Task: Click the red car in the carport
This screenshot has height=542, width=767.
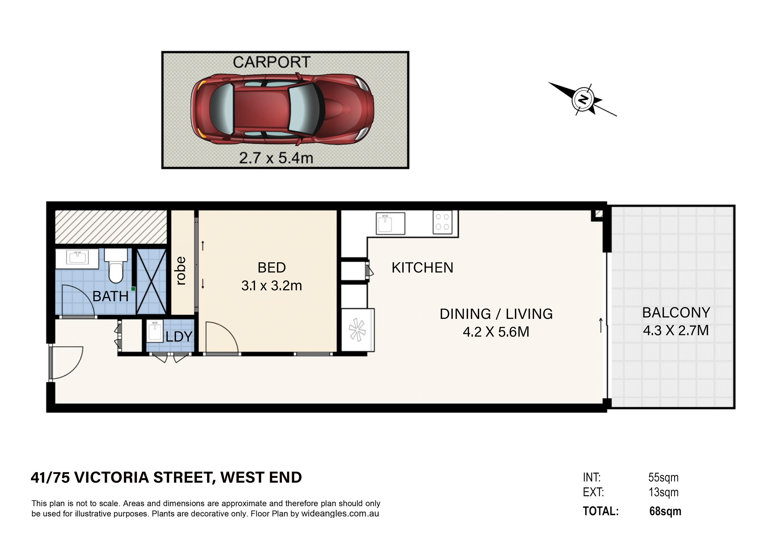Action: tap(282, 109)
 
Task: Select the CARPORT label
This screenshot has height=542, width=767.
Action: tap(272, 62)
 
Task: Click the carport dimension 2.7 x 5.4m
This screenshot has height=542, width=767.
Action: tap(276, 158)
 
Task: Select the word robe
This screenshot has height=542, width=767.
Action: tap(180, 271)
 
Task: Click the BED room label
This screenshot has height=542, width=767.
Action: tap(272, 268)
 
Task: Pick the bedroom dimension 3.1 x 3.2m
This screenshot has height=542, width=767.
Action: tap(272, 286)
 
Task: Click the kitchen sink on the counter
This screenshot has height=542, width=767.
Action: tap(390, 223)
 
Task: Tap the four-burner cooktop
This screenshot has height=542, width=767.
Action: tap(442, 222)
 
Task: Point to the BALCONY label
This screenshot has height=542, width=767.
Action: tap(676, 313)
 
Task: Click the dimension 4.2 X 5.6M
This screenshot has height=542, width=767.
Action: tap(496, 332)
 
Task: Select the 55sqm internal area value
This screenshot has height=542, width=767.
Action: tap(663, 478)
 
